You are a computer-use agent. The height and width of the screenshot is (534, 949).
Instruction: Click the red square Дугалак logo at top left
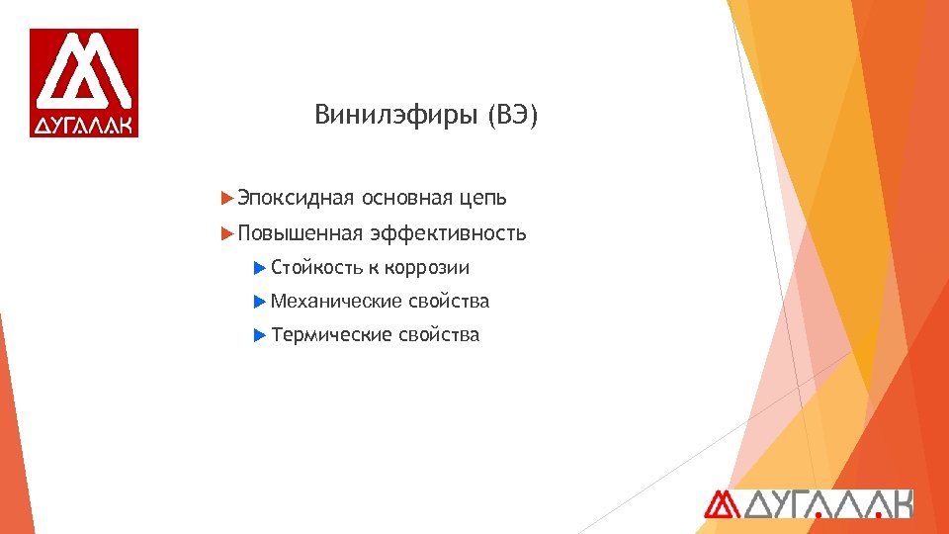coord(84,82)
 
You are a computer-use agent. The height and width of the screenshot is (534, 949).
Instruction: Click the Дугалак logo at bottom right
coord(808,503)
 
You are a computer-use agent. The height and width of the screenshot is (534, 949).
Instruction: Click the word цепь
coord(482,199)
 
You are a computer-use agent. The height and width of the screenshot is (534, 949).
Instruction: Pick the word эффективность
coord(448,233)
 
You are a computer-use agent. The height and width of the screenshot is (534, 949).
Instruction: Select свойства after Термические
coord(438,334)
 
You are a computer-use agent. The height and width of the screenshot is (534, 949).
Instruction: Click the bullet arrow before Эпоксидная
coord(228,198)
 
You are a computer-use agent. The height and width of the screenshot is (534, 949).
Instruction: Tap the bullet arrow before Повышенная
coord(228,233)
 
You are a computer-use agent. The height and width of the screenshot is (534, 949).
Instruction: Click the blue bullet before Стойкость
coord(260,268)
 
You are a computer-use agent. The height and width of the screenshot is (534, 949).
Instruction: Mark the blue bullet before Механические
coord(260,301)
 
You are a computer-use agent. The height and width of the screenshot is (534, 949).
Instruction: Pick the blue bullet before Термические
coord(260,334)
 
